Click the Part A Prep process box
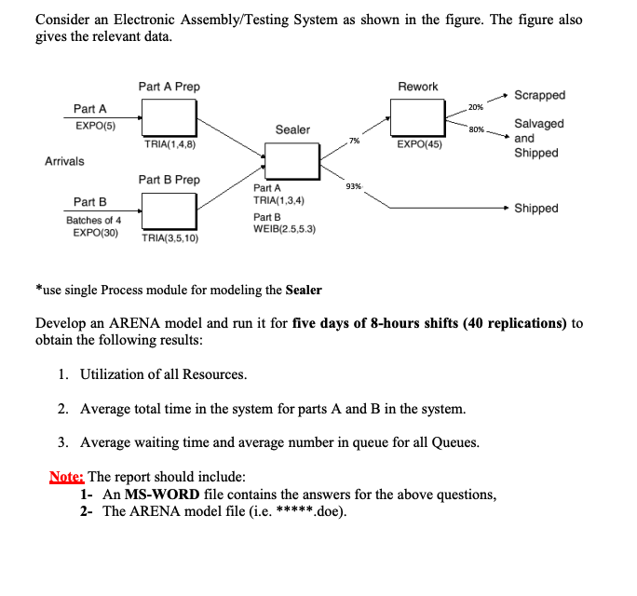(169, 117)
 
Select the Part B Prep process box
(169, 209)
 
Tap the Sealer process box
(292, 163)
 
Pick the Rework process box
(417, 117)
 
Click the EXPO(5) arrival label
(94, 126)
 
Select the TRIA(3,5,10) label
(169, 238)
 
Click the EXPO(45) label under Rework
(419, 144)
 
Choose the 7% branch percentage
(354, 141)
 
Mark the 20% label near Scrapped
(475, 108)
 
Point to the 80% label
(477, 129)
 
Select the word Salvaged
(538, 124)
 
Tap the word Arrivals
(64, 161)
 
